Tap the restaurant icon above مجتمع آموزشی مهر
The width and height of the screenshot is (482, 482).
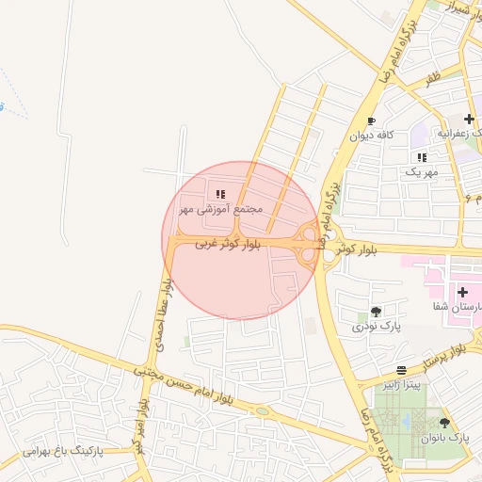pyautogui.click(x=220, y=194)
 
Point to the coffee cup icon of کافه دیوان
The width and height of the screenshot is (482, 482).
pyautogui.click(x=371, y=121)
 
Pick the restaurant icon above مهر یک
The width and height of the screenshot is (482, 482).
pyautogui.click(x=421, y=157)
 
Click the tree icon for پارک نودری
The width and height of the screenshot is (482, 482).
pyautogui.click(x=377, y=312)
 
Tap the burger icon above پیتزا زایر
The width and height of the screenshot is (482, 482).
pyautogui.click(x=402, y=370)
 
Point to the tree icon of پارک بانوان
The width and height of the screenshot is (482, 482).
pyautogui.click(x=444, y=424)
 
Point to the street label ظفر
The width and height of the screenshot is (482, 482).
pyautogui.click(x=432, y=81)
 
